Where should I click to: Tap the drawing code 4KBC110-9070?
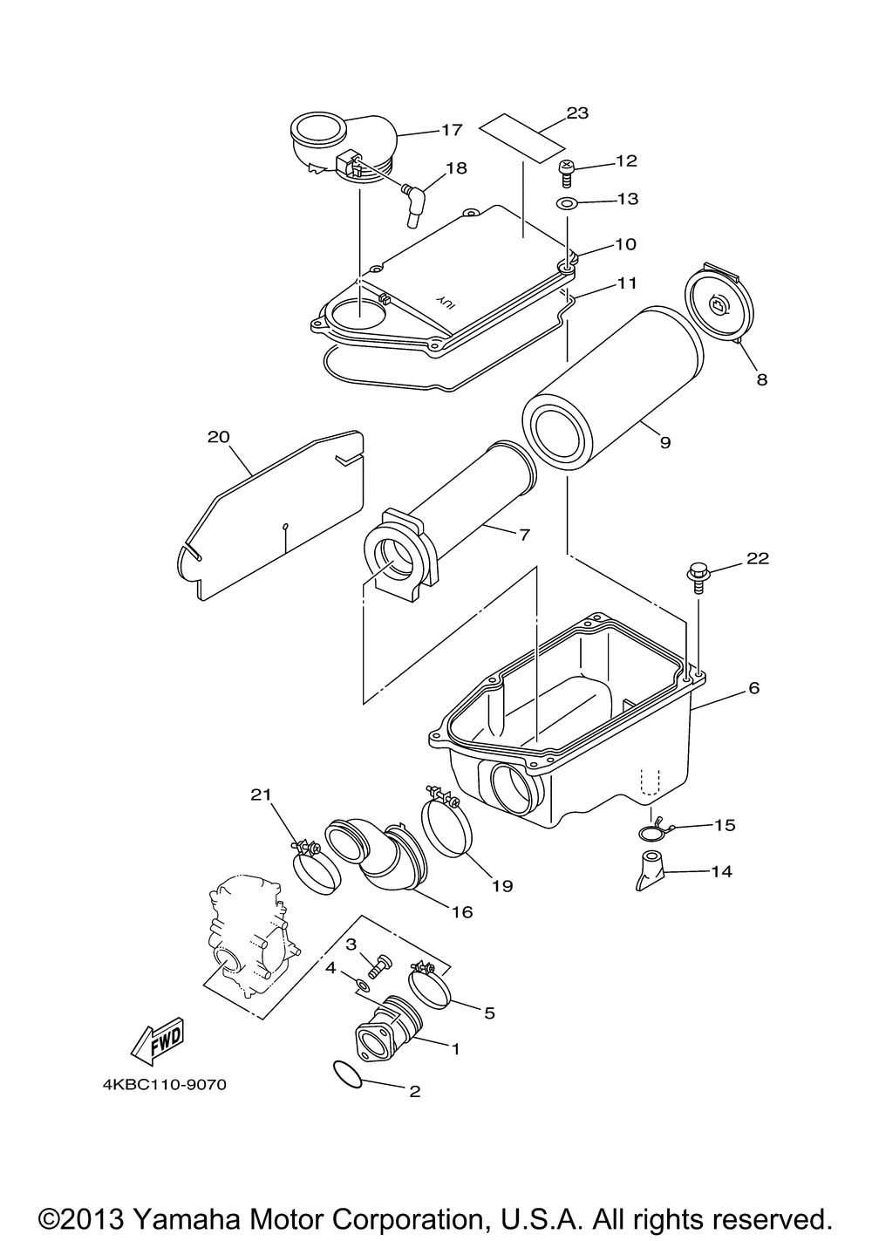165,1086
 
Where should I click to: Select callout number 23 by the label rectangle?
577,113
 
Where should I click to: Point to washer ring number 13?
567,205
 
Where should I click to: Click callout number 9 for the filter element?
664,443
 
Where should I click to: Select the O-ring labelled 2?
349,1074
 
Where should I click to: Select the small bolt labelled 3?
380,965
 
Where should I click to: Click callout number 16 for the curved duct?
461,912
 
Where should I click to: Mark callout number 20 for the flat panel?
217,436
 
